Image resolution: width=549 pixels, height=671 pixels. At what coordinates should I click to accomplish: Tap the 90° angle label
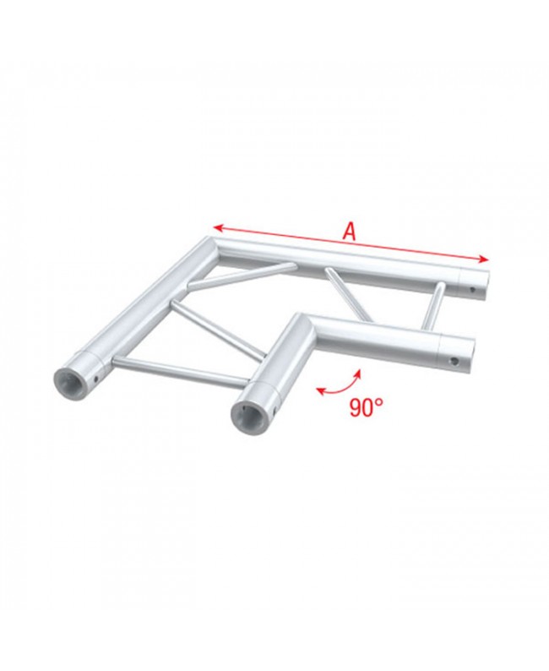(366, 406)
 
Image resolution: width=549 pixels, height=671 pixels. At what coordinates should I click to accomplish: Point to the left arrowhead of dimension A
(215, 226)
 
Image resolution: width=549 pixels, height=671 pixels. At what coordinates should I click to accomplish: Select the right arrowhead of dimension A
(486, 258)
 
